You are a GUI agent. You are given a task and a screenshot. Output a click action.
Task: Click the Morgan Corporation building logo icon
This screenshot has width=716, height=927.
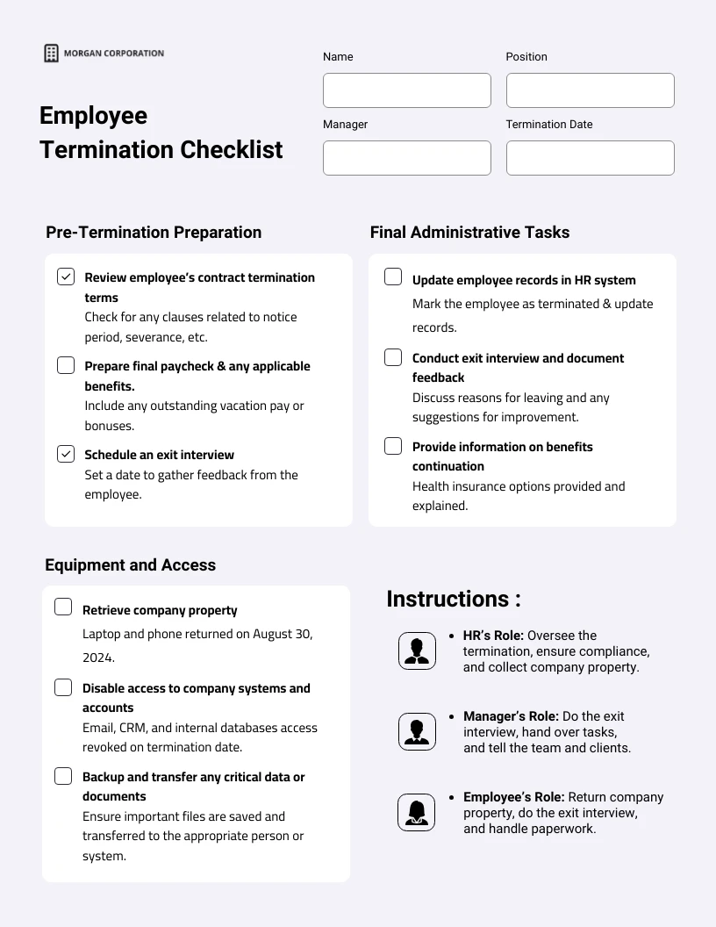tap(52, 54)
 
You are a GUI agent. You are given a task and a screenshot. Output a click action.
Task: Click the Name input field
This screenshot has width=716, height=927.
tap(407, 90)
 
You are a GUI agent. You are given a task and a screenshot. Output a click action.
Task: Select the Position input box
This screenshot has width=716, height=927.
tap(590, 90)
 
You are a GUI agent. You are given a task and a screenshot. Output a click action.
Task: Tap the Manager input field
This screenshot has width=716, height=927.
tap(407, 158)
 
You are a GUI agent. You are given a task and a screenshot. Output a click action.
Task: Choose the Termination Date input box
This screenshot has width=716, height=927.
tap(590, 158)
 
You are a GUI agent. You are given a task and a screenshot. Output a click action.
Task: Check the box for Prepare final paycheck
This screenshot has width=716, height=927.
tap(66, 365)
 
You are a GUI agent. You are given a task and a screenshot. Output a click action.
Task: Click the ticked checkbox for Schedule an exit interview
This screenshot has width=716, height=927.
tap(66, 454)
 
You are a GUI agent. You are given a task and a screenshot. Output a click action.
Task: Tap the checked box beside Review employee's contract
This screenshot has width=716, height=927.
tap(66, 277)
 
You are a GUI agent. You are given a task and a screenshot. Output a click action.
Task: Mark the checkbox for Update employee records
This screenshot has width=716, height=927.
tap(393, 277)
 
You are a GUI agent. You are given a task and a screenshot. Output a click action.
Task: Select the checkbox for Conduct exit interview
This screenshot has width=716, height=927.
tap(393, 357)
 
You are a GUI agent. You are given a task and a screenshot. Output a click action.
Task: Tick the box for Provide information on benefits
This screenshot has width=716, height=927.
tap(393, 446)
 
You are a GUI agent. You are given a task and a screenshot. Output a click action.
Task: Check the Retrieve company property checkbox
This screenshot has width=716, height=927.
tap(63, 607)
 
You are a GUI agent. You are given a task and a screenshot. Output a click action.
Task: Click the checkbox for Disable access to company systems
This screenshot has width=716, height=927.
tap(63, 687)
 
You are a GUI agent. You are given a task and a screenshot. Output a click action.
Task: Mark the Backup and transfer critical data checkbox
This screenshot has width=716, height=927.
tap(63, 776)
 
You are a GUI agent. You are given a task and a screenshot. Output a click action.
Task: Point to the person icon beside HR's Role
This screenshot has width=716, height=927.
tap(417, 650)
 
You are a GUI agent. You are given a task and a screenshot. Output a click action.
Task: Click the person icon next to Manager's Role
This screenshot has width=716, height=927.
tap(417, 731)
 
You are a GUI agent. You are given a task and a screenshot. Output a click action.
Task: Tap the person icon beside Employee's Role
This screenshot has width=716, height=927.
tap(417, 812)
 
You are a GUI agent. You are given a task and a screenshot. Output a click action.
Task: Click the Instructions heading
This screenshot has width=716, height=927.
tap(454, 599)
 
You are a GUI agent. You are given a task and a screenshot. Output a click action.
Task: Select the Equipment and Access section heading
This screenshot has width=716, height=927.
tap(130, 564)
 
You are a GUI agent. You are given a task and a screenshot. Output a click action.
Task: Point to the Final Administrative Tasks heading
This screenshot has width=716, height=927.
tap(469, 232)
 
